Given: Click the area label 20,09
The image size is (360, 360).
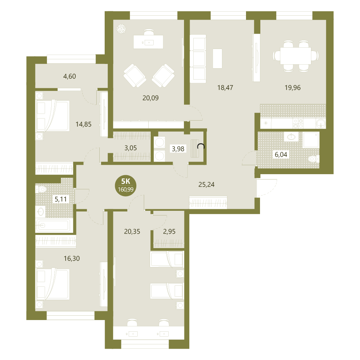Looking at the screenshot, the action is click(x=150, y=98).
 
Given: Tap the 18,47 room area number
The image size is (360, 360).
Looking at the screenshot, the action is click(x=225, y=88).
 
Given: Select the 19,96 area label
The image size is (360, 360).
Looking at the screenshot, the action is click(x=292, y=88).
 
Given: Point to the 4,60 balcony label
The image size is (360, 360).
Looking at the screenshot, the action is click(x=69, y=76).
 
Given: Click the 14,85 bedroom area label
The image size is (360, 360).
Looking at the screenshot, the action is click(x=83, y=124).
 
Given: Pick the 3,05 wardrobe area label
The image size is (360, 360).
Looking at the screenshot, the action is click(x=130, y=148).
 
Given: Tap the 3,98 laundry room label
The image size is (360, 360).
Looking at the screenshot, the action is click(x=178, y=149).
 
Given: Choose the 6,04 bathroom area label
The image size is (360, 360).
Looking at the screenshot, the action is click(x=281, y=155).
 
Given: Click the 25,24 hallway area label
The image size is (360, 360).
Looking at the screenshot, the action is click(x=206, y=184).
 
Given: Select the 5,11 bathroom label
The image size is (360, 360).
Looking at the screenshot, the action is click(x=61, y=199).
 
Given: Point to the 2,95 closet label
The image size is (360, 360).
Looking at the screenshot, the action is click(x=169, y=231).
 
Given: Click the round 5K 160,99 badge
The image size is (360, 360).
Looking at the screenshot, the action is click(x=125, y=185).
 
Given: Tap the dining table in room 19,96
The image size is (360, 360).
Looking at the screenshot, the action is click(x=295, y=56).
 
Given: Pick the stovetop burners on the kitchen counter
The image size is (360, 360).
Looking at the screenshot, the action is click(x=298, y=124).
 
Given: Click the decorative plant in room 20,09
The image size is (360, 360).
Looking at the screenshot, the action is click(x=121, y=29).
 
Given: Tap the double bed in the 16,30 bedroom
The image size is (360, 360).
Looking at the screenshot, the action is click(x=53, y=284).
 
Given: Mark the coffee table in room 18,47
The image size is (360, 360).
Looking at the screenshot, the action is click(x=217, y=59).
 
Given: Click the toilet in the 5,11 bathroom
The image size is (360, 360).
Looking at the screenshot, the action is click(x=41, y=189).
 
